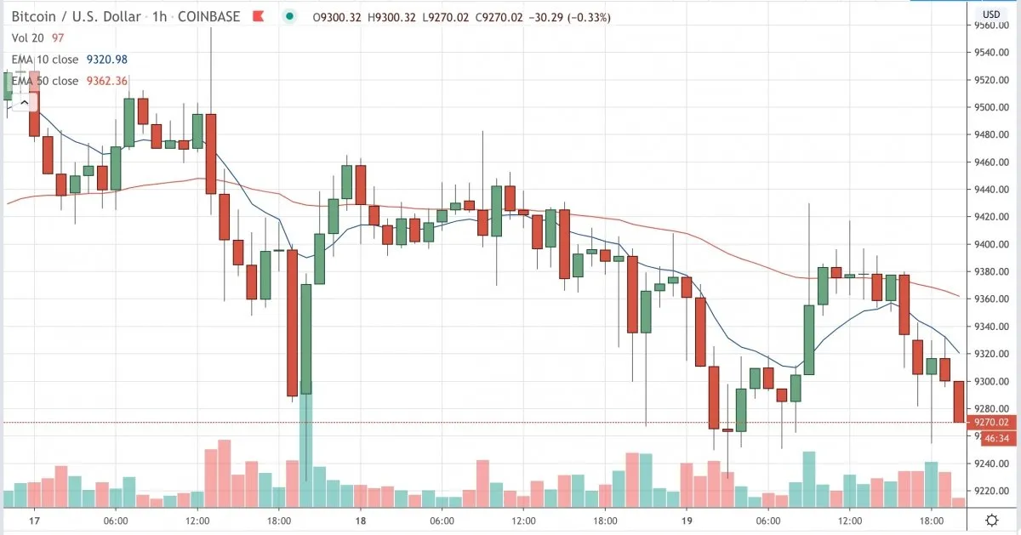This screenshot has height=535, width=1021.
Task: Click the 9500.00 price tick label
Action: pos(991,107)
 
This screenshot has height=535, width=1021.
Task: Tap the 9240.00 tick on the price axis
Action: pos(991,464)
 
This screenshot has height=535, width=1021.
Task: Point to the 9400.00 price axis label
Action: pos(991,245)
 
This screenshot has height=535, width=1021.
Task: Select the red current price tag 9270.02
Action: pos(991,423)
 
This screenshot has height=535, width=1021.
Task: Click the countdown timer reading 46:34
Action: pos(996,438)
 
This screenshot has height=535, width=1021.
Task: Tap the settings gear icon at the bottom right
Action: pos(992,521)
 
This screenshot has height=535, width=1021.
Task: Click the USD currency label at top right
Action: pos(991,14)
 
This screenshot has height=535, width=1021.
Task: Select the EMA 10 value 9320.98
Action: pos(107,60)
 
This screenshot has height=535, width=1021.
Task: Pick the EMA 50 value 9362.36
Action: pos(107,81)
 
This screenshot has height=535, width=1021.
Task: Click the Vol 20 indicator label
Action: pos(27,37)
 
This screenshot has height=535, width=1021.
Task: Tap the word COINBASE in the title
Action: pos(208,17)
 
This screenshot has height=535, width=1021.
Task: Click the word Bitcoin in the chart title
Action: pos(34,17)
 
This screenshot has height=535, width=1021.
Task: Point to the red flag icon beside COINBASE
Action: pos(259,17)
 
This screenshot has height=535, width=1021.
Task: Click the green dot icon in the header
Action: pos(289,17)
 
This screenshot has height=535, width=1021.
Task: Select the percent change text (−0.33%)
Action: pos(589,18)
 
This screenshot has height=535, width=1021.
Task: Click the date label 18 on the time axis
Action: pos(361,521)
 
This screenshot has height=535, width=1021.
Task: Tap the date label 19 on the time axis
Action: pos(687,521)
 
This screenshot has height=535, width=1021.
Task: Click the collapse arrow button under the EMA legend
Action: pos(25,103)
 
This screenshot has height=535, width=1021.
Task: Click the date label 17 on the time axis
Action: pos(34,521)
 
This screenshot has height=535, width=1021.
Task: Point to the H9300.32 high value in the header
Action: pos(391,18)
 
